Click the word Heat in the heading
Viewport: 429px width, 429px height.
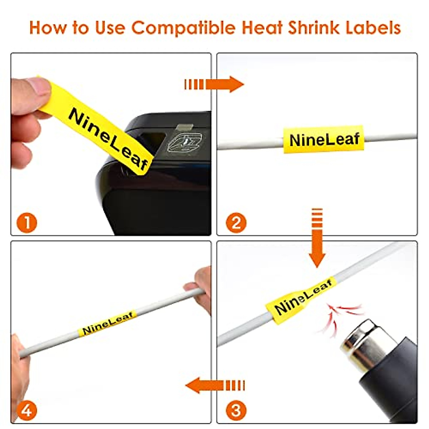(x=263, y=28)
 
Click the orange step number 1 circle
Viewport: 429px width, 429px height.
(x=27, y=223)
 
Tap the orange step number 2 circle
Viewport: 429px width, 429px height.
(x=236, y=223)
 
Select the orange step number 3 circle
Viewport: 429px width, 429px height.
(x=236, y=410)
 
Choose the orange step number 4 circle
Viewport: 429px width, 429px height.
(x=27, y=410)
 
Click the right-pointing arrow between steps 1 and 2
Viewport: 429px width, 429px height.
(x=214, y=84)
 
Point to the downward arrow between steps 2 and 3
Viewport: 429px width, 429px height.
(x=317, y=238)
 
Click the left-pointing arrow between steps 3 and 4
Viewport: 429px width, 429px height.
(x=214, y=385)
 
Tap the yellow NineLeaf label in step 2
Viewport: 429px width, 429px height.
(x=324, y=139)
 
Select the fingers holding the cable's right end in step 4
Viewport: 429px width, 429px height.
(x=200, y=286)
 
